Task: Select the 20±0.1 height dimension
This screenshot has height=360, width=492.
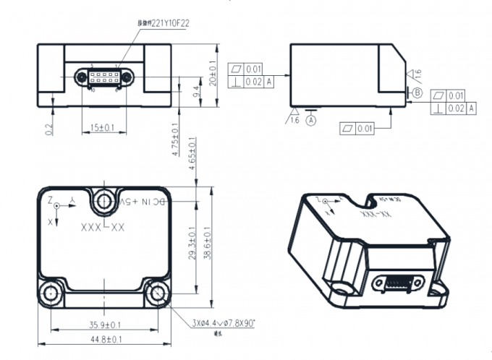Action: point(212,72)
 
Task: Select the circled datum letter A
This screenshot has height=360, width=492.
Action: point(311,121)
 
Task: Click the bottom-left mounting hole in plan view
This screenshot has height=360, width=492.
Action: point(51,293)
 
